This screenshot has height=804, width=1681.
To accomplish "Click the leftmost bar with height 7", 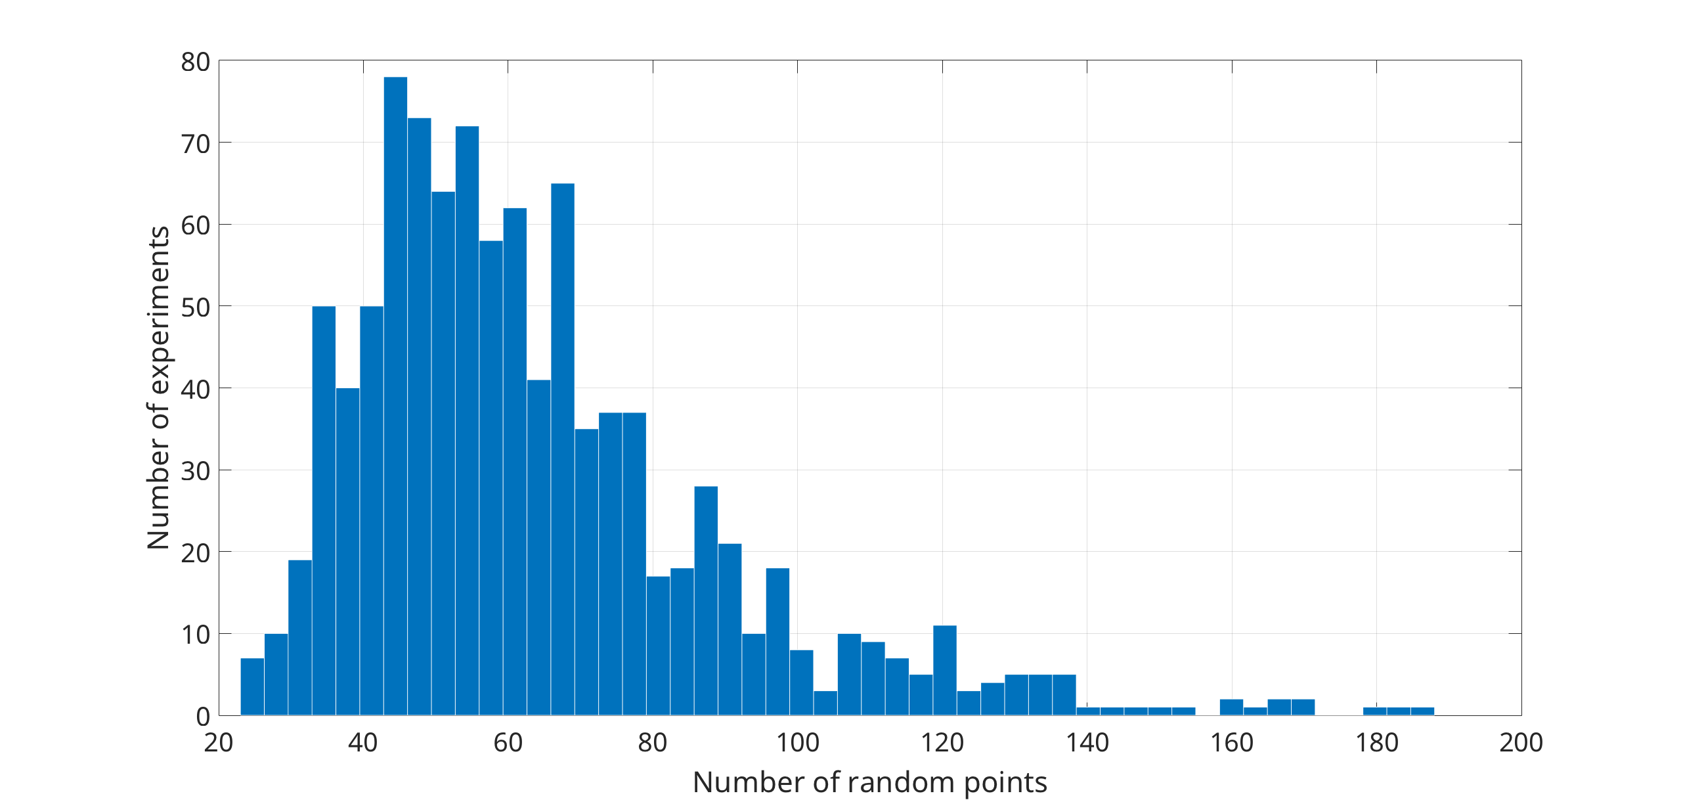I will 252,686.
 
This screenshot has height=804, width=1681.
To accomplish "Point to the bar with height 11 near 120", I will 945,670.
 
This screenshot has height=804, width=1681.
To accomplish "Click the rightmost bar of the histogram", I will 1422,711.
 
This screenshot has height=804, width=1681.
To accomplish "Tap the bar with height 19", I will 300,637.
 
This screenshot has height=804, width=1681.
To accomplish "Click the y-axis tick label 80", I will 195,62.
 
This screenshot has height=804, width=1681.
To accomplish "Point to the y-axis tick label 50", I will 195,307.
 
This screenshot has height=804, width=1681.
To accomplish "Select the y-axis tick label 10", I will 195,635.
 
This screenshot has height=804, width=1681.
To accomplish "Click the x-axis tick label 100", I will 797,743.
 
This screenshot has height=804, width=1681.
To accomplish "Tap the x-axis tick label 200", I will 1521,743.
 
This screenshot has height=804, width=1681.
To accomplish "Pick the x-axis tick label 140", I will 1087,743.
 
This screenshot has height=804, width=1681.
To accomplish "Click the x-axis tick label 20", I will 219,743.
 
